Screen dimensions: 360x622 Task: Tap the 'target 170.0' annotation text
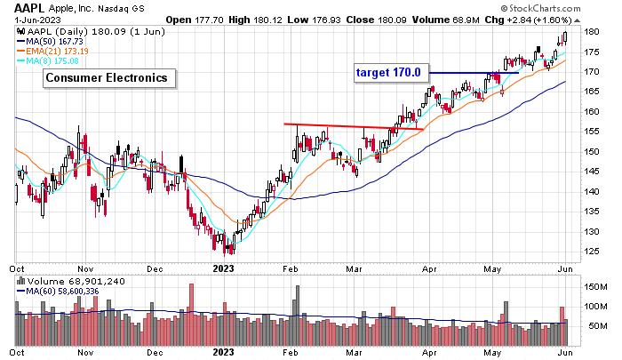(394, 73)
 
